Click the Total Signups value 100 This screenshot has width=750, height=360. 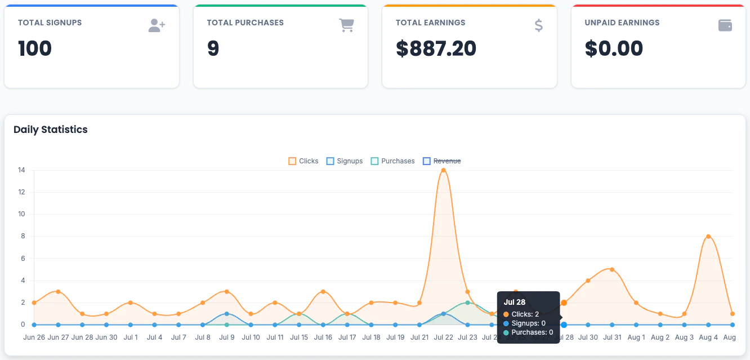35,48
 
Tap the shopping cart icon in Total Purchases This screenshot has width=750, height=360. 346,25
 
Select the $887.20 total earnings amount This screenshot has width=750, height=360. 436,48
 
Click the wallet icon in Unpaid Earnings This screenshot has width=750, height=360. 725,25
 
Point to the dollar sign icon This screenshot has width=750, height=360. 539,25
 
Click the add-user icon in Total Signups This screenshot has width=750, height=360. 157,25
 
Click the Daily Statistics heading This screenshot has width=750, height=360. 51,130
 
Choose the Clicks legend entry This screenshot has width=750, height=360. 303,161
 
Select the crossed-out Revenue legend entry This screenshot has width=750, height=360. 442,161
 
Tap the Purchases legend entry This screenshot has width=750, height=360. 392,161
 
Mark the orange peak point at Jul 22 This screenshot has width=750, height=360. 443,170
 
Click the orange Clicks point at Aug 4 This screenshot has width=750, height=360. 708,237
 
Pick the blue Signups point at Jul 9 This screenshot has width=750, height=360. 227,314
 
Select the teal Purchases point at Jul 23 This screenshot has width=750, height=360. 467,303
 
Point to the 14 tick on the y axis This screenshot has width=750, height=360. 21,170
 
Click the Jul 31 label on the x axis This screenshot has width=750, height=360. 612,337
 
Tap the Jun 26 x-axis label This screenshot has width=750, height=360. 34,337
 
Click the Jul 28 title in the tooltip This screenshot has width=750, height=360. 514,303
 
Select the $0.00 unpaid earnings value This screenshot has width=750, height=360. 614,48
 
